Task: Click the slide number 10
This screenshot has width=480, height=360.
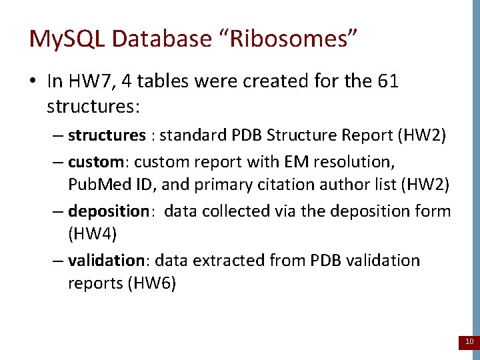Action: [x=469, y=342]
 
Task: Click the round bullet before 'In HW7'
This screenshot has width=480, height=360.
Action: [x=34, y=83]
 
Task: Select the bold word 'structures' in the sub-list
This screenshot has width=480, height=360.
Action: [x=107, y=135]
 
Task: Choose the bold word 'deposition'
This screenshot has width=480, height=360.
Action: [x=109, y=211]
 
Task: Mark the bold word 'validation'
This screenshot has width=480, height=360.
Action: [x=106, y=260]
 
